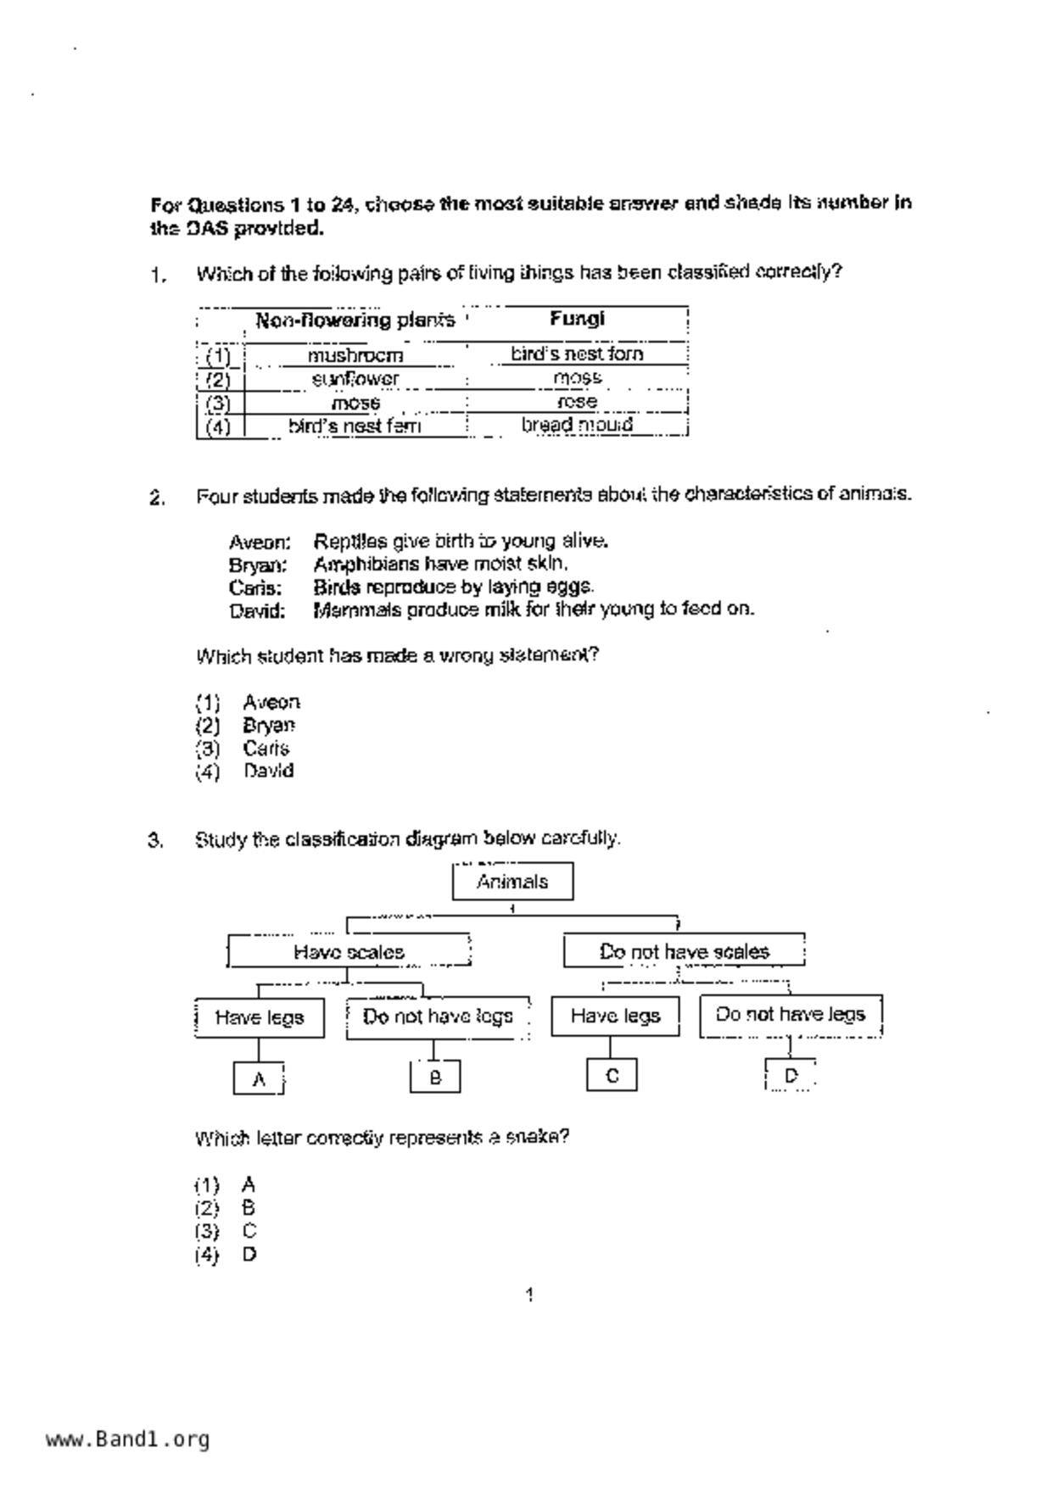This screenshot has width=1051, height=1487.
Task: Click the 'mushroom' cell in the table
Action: [x=355, y=355]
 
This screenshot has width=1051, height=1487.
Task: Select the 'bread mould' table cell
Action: [x=577, y=425]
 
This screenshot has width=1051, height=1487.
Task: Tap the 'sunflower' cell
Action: [x=355, y=379]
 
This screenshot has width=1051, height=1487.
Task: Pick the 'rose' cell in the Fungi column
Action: [x=577, y=402]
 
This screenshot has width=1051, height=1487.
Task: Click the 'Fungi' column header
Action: [x=577, y=319]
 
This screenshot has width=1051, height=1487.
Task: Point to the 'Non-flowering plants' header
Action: [x=355, y=320]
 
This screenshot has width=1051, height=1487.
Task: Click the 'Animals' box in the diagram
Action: [x=512, y=882]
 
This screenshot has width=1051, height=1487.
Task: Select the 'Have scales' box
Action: [x=349, y=952]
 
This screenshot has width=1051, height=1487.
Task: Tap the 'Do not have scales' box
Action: [x=684, y=952]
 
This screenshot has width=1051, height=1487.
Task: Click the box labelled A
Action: [x=259, y=1079]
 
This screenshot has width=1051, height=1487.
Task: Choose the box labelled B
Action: [x=435, y=1078]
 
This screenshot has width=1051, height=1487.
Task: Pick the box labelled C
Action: [x=612, y=1076]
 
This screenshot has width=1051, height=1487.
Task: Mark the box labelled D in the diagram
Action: [x=791, y=1076]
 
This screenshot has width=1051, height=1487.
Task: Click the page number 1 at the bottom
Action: [x=529, y=1295]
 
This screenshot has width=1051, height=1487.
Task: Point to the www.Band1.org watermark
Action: [x=127, y=1439]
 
